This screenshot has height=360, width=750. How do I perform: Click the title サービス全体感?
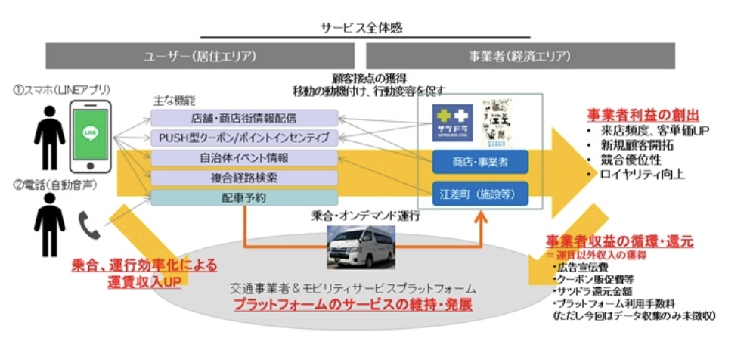362,27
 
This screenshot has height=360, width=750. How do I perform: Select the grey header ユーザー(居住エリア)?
200,56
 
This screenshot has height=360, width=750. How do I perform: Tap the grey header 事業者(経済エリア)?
520,56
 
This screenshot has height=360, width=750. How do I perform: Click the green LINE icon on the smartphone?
91,133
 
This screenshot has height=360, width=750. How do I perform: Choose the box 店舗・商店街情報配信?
243,118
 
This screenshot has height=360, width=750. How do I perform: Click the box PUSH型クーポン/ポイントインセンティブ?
243,138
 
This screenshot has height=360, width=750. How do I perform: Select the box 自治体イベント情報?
243,158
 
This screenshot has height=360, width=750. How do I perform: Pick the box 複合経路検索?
243,178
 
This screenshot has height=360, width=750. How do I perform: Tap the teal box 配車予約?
243,197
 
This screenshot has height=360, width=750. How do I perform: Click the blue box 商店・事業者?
480,163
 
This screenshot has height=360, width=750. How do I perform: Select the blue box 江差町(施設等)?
480,194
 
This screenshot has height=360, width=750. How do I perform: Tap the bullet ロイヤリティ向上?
642,175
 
